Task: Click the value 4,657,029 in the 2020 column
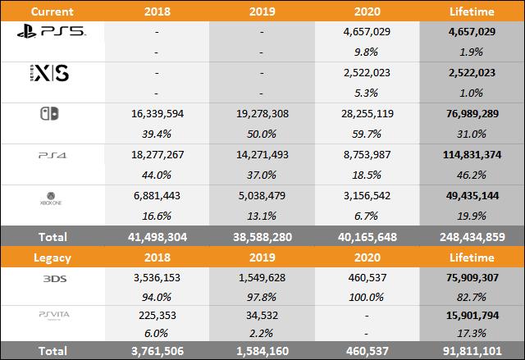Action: (367, 30)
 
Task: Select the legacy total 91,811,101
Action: (472, 350)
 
